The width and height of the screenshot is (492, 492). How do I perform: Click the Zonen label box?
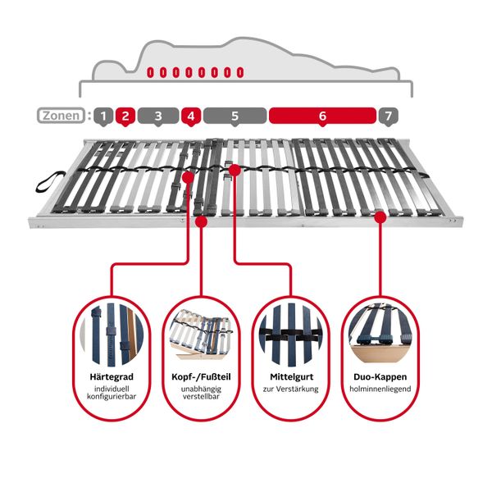[61, 116]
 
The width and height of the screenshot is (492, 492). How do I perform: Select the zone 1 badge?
[103, 116]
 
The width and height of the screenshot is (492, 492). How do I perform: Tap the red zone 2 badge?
[125, 116]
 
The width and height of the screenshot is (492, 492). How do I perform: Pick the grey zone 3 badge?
[158, 116]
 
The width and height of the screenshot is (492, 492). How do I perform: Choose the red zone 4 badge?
[191, 116]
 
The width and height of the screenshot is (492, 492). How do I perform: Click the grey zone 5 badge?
[235, 116]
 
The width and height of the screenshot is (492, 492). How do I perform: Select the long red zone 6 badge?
[322, 116]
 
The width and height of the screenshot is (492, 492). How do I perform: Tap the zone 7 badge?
[389, 116]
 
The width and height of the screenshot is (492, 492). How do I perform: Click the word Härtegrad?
[112, 377]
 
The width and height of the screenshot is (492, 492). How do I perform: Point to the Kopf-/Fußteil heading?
[201, 377]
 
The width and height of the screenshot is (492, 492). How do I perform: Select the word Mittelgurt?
[291, 377]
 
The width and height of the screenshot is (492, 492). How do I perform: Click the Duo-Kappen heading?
[380, 377]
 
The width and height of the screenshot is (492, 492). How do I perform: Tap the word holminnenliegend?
[380, 389]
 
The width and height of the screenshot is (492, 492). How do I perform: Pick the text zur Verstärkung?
[291, 389]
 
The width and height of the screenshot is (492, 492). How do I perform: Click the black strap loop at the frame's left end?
[50, 181]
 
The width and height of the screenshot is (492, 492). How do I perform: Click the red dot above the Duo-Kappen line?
[380, 216]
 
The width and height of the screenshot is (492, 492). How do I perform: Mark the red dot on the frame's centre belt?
[235, 170]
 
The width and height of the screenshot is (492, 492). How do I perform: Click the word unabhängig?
[201, 389]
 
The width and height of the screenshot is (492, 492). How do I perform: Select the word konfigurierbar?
[112, 397]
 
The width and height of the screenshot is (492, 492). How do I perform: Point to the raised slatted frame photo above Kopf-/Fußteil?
[201, 335]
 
